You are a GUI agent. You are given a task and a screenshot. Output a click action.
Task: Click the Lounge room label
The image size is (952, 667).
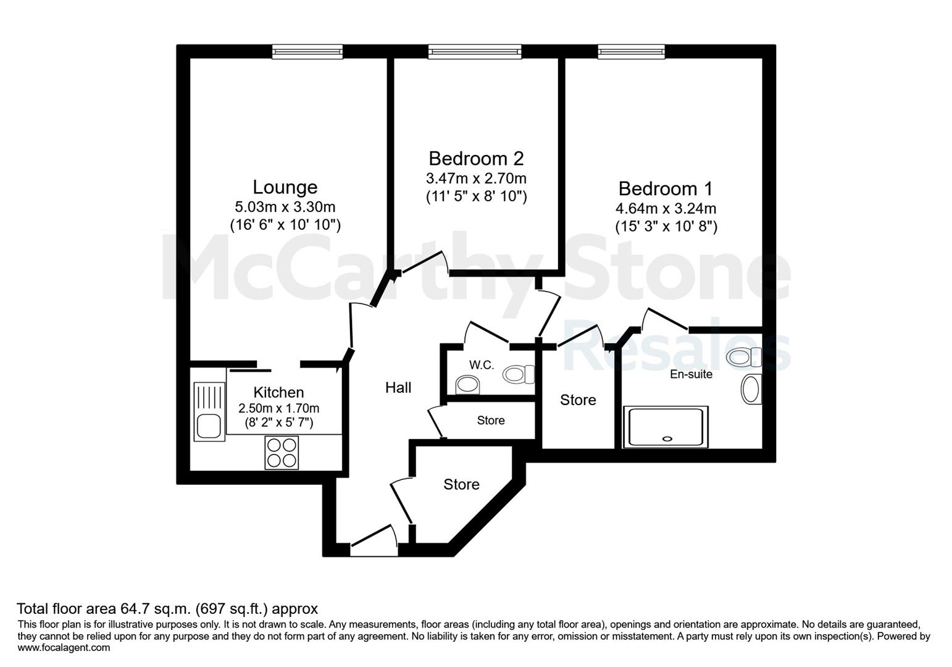(285, 187)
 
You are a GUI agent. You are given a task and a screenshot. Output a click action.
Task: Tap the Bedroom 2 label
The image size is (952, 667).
(476, 159)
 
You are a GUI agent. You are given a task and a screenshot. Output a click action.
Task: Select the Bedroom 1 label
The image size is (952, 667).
(666, 188)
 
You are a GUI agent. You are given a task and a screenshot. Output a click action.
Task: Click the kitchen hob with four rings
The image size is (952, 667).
(282, 452)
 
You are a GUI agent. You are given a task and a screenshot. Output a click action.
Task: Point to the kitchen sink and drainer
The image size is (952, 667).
(209, 411)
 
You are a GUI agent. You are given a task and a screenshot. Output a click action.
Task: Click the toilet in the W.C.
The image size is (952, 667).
(519, 374)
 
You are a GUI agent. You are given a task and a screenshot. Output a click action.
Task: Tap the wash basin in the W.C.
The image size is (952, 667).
(467, 385)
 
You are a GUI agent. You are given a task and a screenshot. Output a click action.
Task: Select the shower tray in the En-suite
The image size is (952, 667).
(666, 427)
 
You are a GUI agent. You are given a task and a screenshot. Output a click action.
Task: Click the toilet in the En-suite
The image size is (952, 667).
(744, 357)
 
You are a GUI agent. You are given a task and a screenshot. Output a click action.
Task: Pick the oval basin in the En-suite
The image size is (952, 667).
(751, 388)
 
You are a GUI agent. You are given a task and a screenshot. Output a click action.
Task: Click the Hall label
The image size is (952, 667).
(398, 387)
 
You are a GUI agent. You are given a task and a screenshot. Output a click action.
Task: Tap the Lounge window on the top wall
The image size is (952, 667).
(307, 51)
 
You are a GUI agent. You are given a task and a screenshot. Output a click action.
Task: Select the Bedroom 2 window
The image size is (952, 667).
(475, 51)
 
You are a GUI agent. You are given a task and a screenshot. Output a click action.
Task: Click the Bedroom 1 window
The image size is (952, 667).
(632, 51)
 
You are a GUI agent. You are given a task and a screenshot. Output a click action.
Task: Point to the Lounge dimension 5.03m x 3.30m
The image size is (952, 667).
(285, 207)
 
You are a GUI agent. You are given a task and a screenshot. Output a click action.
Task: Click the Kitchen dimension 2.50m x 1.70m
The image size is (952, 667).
(279, 408)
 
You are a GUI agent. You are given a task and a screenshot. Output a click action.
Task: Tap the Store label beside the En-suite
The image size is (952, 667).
(578, 400)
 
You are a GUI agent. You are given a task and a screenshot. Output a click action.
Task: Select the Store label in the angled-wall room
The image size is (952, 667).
(462, 484)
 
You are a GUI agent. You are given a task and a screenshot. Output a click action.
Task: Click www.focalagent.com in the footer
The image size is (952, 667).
(64, 647)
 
